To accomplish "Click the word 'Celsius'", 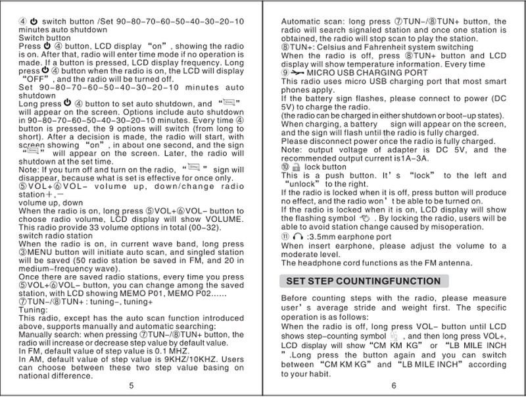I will [339, 48].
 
